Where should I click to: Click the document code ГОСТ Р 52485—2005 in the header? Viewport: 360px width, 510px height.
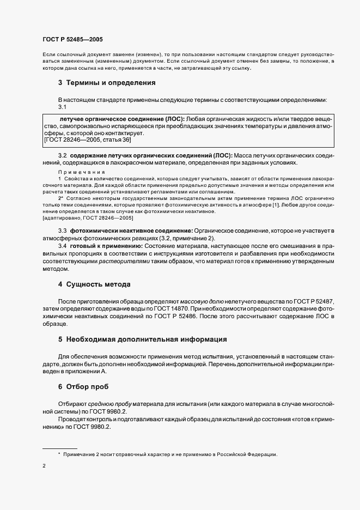click(72, 40)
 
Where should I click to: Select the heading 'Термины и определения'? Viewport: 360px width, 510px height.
click(111, 83)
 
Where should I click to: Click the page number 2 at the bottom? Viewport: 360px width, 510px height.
click(44, 467)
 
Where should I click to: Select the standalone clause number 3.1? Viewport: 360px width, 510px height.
click(62, 107)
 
